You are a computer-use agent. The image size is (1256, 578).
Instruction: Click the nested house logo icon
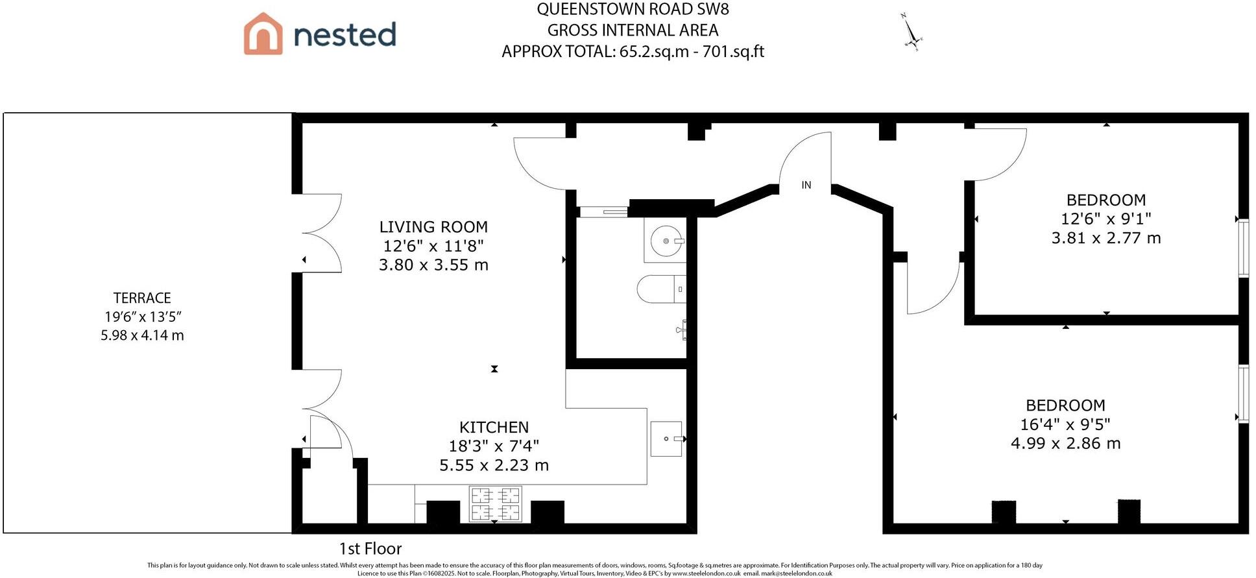(263, 34)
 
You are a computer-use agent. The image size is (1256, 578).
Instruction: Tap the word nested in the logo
(344, 35)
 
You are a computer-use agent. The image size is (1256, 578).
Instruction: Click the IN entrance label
(806, 186)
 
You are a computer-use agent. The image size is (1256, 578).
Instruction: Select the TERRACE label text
(142, 298)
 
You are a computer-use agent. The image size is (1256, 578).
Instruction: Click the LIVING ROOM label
(433, 227)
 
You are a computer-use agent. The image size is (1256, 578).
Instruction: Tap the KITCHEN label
(494, 427)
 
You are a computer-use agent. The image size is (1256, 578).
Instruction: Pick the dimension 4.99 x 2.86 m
(1065, 444)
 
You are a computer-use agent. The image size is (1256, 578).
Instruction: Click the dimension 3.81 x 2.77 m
(1105, 238)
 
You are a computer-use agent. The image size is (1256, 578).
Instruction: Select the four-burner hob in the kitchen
(496, 504)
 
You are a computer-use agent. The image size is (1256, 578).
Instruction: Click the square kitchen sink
(666, 439)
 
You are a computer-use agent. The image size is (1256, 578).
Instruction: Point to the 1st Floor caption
(370, 549)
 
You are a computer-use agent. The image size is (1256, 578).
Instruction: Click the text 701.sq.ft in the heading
(733, 51)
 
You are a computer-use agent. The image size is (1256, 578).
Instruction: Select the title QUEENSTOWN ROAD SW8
(633, 9)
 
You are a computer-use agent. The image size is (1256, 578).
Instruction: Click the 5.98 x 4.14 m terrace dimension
(142, 335)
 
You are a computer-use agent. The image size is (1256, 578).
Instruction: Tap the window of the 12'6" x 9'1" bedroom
(1243, 248)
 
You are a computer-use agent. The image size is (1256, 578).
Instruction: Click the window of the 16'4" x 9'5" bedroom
(1243, 394)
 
